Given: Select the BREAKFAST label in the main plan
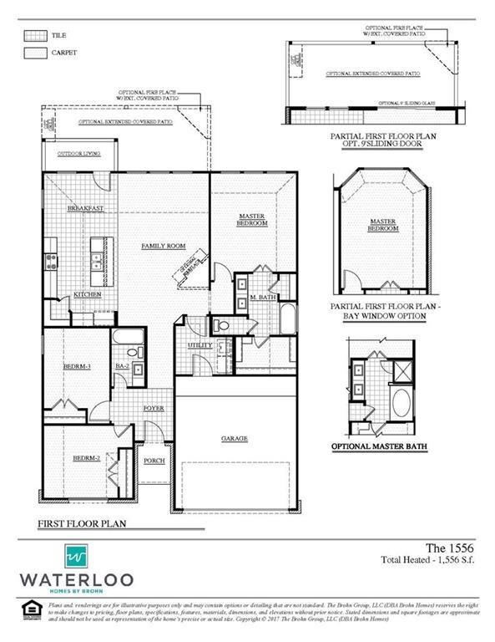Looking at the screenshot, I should (84, 208).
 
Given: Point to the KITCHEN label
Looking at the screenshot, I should (88, 294).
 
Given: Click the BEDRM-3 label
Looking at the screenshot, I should (76, 366).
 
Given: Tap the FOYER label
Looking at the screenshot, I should (153, 408).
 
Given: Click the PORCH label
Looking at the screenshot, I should (154, 460).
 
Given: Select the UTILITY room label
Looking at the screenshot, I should (200, 344).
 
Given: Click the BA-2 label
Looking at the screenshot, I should (121, 366).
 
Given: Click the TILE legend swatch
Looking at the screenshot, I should (34, 36).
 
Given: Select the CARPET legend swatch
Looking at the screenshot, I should (34, 53).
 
